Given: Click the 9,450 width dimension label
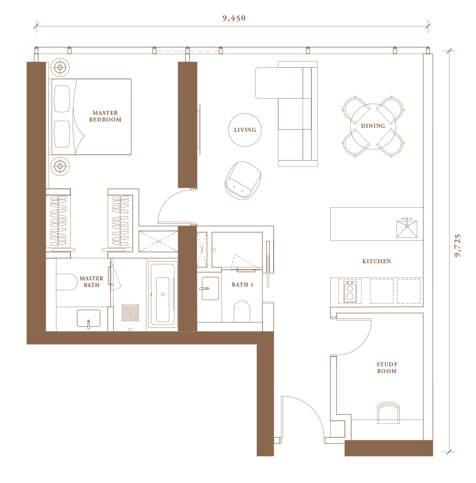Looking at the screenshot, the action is (234, 18).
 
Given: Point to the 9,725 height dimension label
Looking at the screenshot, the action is (458, 245).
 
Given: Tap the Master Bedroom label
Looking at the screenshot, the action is (105, 116).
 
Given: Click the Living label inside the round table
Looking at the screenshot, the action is (245, 130).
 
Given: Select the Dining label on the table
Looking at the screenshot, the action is (373, 126).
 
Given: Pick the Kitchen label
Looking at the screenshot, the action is (376, 261).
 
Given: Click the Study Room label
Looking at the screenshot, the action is (387, 368).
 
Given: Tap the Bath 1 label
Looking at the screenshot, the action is (242, 285).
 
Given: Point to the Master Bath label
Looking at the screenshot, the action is (92, 282).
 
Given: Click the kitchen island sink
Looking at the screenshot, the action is (406, 228).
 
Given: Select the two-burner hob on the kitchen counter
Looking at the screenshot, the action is (350, 292).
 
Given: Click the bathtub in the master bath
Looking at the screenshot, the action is (162, 294).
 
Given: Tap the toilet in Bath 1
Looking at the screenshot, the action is (242, 311).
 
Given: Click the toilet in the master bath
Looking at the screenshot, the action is (66, 282).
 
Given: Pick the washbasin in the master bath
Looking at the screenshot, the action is (88, 318).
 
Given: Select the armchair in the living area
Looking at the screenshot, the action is (243, 180).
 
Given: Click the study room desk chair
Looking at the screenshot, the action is (388, 413).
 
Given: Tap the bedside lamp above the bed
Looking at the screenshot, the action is (60, 67).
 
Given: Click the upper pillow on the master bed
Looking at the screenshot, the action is (62, 99).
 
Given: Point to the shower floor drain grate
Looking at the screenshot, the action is (130, 313).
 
